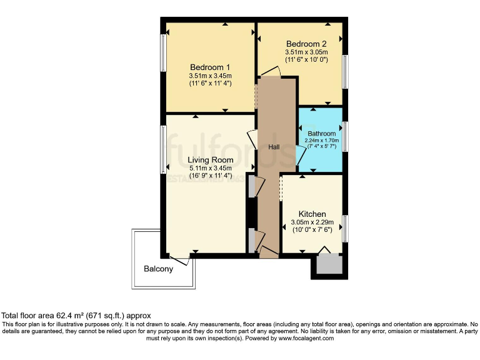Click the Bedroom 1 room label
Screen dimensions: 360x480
210,67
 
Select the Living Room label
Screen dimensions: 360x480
211,160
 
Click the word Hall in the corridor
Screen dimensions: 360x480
274,147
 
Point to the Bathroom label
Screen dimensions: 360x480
321,133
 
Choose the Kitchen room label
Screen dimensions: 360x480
312,214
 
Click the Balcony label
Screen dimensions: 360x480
158,269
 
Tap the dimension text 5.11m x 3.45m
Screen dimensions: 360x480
211,168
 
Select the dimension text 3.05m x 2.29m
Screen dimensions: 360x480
313,222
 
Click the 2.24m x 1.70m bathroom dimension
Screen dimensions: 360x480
321,141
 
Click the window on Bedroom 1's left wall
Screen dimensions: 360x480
163,54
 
